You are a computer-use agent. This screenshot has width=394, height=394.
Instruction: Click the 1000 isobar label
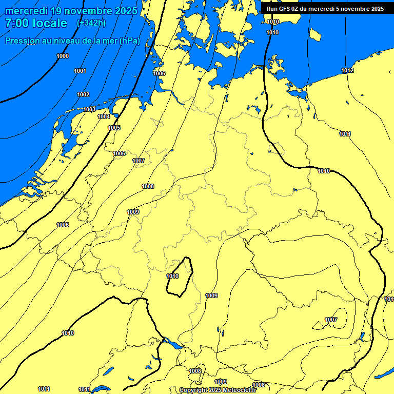(63, 56)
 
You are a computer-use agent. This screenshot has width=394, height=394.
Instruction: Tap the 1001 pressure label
(80, 71)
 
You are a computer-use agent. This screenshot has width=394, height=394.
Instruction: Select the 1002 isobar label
(83, 94)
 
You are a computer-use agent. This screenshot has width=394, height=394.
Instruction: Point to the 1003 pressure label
(89, 109)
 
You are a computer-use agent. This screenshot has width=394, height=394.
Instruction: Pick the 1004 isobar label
(104, 116)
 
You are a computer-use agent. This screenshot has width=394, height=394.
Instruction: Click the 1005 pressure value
(114, 128)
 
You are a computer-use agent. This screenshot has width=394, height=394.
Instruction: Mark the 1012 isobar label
(347, 70)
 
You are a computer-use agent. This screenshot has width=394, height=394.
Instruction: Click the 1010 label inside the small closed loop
(172, 277)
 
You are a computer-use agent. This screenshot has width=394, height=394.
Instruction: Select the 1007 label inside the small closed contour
(331, 320)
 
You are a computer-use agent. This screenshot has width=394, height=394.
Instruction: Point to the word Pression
(22, 41)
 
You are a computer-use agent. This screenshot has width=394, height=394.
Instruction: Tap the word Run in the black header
(272, 9)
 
